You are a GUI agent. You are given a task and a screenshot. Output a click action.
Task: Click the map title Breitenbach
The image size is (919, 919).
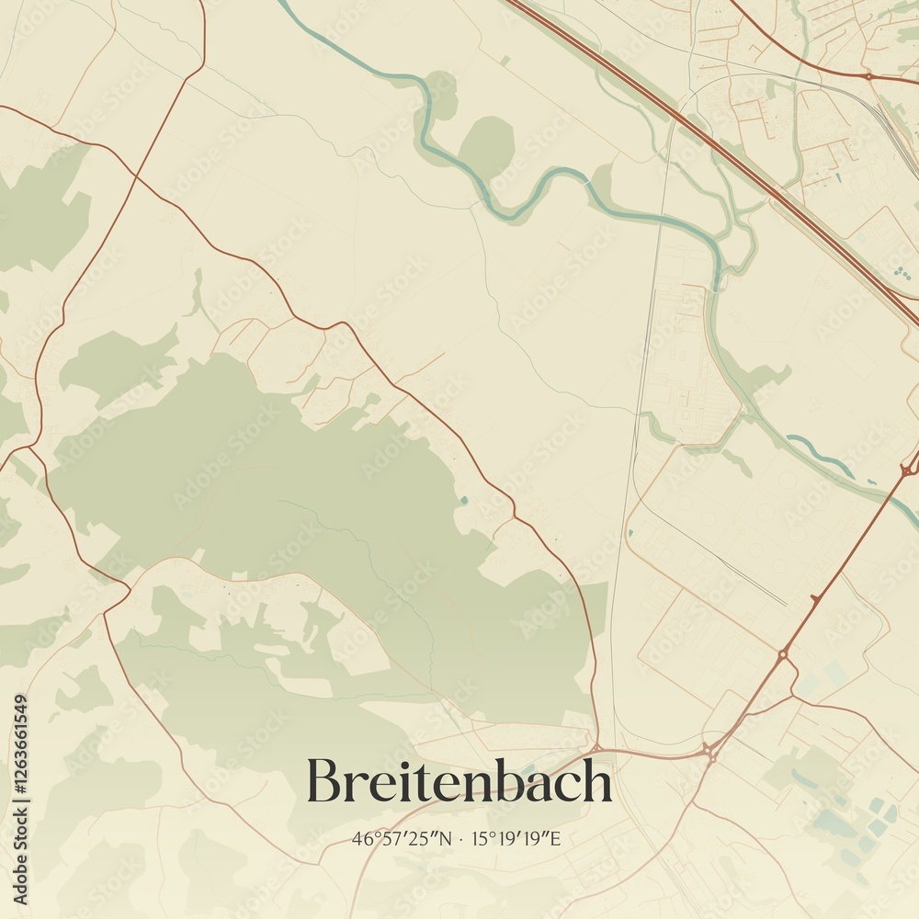(459, 781)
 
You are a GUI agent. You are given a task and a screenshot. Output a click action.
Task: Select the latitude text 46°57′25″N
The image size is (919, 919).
(402, 838)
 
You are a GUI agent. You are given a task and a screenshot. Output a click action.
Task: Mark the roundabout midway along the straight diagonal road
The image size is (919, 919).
(782, 654)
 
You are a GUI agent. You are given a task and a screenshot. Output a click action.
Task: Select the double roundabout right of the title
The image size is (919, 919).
(710, 751)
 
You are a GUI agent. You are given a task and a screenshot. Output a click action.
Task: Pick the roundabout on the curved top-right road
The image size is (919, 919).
(868, 76)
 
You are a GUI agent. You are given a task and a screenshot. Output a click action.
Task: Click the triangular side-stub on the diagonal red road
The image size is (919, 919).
(814, 599)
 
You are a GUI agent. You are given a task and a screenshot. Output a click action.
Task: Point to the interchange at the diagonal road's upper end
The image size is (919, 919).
(908, 470)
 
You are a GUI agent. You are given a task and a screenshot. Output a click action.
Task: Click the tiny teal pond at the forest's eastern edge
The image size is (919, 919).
(463, 501)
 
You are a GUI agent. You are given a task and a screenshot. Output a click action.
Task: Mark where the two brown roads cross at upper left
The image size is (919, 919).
(136, 174)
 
